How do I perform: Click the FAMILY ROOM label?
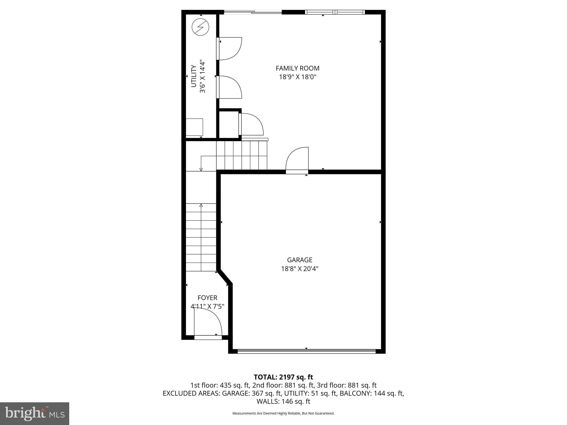tap(297, 68)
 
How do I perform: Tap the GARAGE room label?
tap(300, 260)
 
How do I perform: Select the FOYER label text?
tap(207, 298)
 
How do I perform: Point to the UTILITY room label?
tap(194, 76)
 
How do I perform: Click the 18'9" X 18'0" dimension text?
tap(297, 77)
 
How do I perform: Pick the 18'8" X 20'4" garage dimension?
tap(300, 269)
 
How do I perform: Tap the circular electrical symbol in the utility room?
tap(200, 27)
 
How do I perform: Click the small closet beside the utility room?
tap(229, 124)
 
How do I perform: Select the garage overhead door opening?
tap(306, 351)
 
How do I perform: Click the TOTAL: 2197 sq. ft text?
tap(283, 377)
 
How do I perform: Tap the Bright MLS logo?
tap(35, 413)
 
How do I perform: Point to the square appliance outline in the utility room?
tap(194, 127)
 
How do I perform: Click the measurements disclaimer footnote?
tap(283, 413)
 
